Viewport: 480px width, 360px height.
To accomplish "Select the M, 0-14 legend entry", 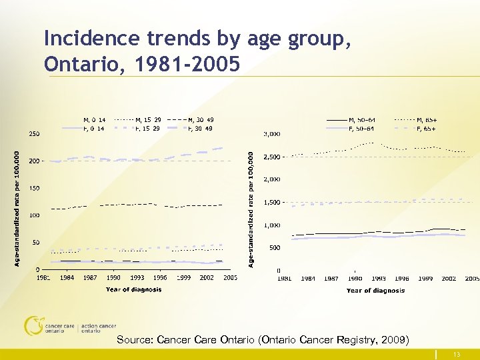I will click(x=93, y=119).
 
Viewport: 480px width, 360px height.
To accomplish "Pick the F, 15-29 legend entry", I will click(x=147, y=128).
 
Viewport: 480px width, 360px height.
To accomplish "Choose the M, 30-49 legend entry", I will click(x=201, y=119).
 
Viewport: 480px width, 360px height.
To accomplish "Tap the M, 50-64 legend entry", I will click(x=361, y=119).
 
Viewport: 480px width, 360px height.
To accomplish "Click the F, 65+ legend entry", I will click(x=427, y=128).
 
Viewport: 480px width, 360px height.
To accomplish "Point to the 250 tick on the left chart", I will click(x=33, y=134).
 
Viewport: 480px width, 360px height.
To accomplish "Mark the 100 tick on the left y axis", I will click(x=33, y=215).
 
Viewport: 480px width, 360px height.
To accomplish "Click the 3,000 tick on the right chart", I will click(x=270, y=134).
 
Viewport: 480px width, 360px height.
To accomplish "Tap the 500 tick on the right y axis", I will click(x=273, y=248).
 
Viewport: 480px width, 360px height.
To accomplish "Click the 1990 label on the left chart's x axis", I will click(x=113, y=277).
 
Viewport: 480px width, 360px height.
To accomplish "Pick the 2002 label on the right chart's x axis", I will click(x=449, y=278).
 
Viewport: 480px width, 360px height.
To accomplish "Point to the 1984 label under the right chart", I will click(x=307, y=278).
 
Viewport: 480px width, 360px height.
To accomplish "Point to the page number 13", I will click(x=456, y=355).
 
